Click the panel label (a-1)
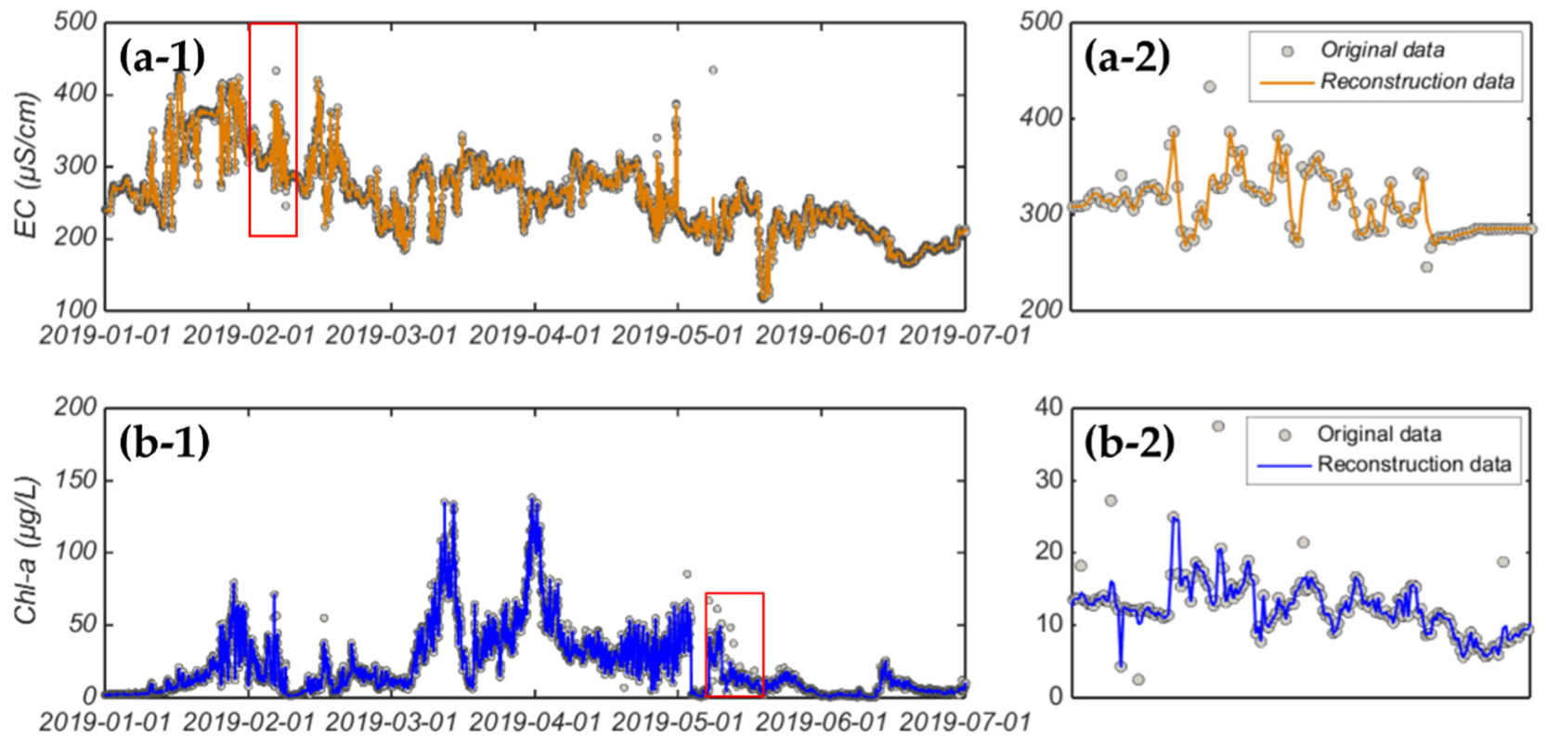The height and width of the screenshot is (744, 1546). [162, 58]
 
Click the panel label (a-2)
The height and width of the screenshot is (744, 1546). [1127, 58]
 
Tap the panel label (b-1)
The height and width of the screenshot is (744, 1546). [164, 442]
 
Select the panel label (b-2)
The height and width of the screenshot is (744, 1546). [1129, 442]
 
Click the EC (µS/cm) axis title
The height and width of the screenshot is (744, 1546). [28, 165]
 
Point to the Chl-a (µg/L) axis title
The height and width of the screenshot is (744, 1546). [28, 551]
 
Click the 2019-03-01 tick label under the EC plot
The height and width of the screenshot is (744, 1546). [391, 335]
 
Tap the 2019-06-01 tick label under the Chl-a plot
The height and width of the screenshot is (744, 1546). [821, 721]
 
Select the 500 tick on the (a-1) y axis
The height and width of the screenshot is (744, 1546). [75, 22]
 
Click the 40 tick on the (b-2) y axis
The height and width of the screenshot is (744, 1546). [1049, 407]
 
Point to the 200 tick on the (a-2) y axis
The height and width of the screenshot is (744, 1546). [1042, 308]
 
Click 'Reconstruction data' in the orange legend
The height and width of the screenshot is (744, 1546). [1417, 82]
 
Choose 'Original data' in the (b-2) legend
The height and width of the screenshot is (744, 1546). [1379, 434]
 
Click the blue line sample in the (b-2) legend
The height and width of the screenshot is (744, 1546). [1284, 463]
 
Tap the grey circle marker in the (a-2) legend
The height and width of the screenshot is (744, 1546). [1287, 51]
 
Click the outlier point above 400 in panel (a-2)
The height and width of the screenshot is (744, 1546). [1209, 86]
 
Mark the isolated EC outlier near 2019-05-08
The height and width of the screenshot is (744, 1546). [713, 70]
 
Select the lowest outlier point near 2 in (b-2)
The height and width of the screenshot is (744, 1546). [1138, 680]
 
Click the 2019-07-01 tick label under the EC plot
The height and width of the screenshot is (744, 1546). [965, 335]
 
